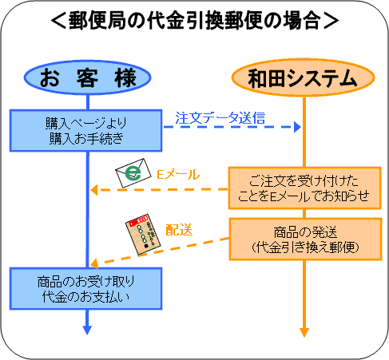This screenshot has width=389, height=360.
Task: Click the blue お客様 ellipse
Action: (87, 77)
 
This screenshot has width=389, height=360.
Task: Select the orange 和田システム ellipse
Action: (304, 77)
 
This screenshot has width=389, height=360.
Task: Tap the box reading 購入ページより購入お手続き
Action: (85, 131)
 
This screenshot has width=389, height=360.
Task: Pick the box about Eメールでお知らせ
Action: (305, 188)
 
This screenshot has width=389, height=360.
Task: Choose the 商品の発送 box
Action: (305, 239)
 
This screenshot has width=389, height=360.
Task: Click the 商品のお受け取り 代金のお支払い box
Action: (85, 289)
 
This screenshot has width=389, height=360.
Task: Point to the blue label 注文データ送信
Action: (220, 117)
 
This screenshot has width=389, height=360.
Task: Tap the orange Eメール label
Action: (178, 174)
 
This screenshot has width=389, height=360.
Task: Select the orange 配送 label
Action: (179, 230)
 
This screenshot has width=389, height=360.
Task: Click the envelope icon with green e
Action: (133, 173)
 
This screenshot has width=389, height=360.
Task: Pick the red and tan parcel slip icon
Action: (143, 234)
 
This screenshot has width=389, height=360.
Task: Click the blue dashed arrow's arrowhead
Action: (297, 127)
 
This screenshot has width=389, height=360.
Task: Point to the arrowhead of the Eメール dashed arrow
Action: (93, 190)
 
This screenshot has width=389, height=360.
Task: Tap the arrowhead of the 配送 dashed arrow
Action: (94, 263)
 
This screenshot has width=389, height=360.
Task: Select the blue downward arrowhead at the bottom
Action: (87, 330)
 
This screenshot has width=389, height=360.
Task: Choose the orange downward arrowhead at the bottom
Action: (304, 332)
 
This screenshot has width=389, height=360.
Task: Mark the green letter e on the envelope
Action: (133, 173)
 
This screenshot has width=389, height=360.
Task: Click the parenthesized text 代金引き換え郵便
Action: (305, 247)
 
